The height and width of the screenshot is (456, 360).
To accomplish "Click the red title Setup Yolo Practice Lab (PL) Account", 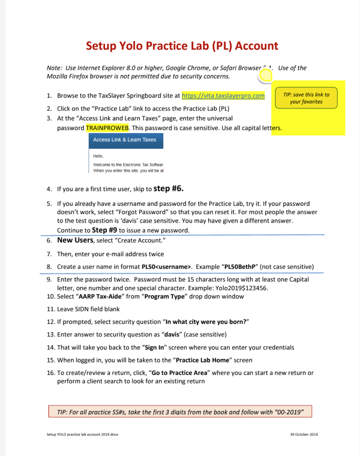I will [x=182, y=46].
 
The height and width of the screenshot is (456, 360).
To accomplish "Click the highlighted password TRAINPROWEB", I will [x=107, y=128].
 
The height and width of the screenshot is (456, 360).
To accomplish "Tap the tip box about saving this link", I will [x=306, y=98].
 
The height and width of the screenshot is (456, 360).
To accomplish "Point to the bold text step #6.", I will [x=168, y=188].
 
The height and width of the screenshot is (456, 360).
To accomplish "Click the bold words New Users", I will [x=75, y=240].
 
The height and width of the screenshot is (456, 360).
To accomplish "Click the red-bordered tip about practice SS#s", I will [x=180, y=411].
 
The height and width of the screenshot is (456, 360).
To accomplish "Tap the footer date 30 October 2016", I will [x=301, y=435].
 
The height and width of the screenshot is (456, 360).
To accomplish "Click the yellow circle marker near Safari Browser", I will [x=266, y=76].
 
